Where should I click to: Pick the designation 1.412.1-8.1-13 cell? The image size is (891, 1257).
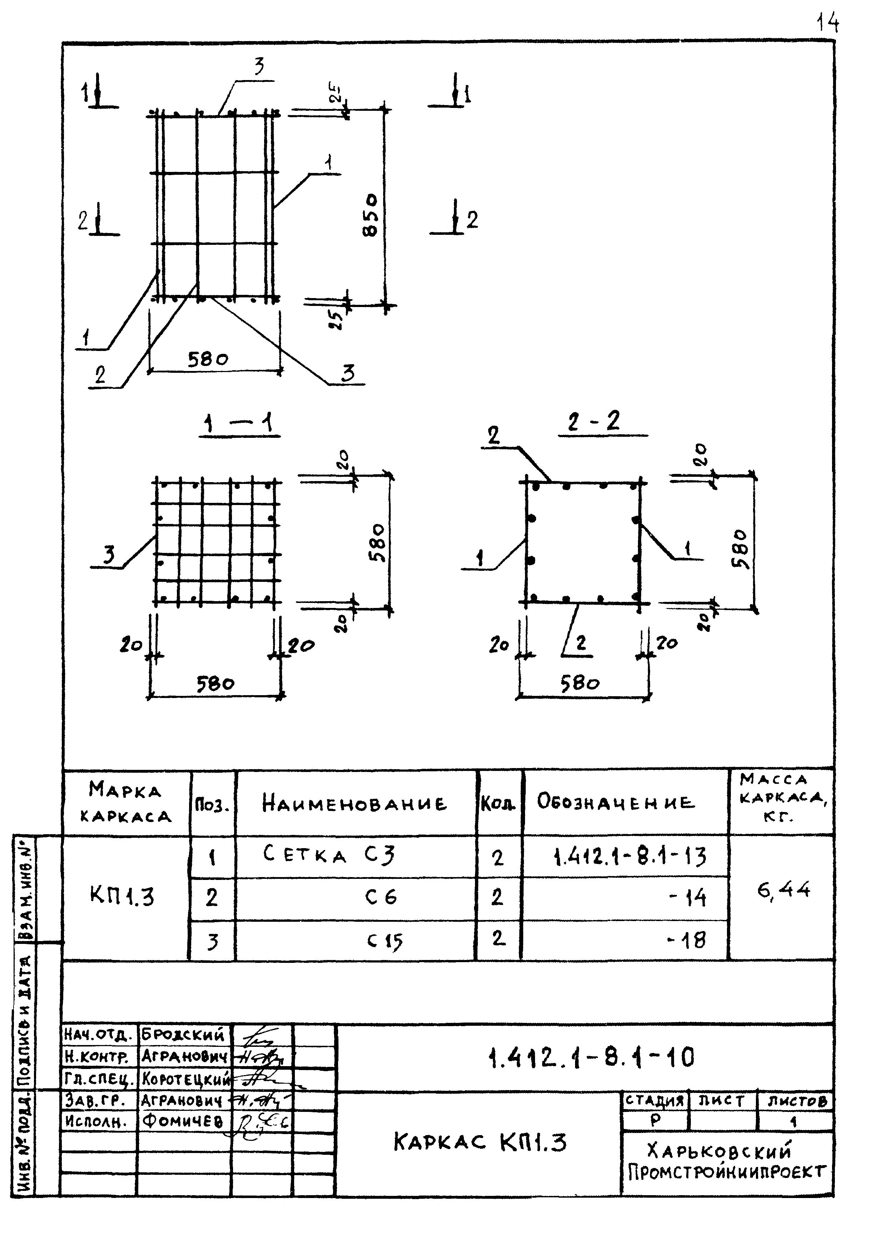point(630,856)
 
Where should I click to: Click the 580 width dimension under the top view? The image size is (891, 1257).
point(208,360)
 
